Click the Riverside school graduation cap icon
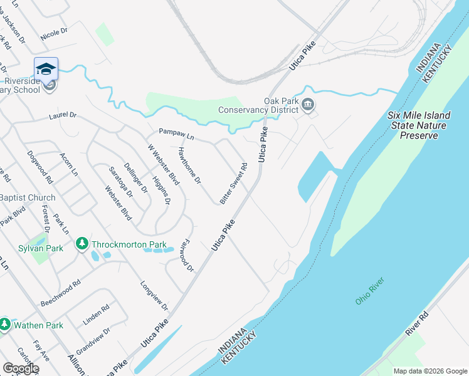click(46, 69)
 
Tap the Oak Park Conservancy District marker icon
click(308, 104)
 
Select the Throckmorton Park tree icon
click(82, 243)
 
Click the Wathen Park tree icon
click(5, 325)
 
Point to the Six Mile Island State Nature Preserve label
click(418, 125)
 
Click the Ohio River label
click(369, 292)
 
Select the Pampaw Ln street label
click(177, 133)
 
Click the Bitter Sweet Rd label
click(234, 184)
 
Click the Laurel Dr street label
click(63, 116)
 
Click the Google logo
click(21, 368)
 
